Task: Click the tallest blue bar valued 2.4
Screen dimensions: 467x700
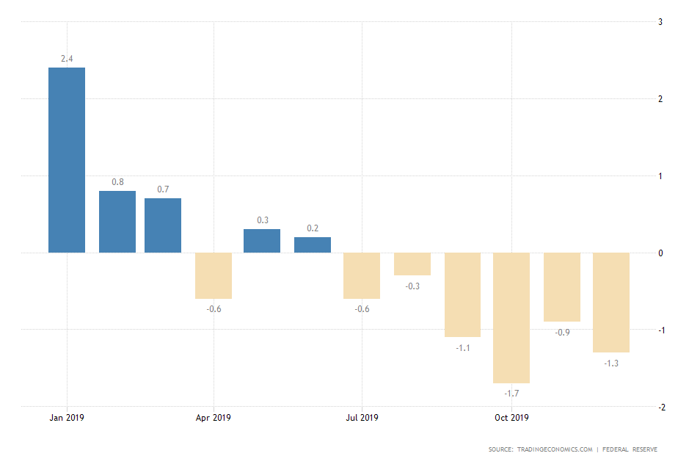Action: pos(67,160)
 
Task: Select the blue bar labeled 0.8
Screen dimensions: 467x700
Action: pos(117,222)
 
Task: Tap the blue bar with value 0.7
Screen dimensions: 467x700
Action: pos(163,225)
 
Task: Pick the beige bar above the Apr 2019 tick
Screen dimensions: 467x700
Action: pos(214,275)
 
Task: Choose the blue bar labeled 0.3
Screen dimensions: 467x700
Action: pos(262,241)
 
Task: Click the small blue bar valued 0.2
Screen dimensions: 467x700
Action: pos(313,245)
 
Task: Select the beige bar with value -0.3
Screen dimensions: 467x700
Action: pos(412,264)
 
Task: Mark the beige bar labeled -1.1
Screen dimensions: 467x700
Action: pos(462,294)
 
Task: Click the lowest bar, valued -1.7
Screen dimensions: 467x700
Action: pos(511,318)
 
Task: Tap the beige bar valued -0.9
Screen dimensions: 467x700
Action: pos(562,287)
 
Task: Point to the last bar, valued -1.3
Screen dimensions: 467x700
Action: pos(611,303)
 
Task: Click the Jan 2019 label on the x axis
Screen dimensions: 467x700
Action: pos(66,418)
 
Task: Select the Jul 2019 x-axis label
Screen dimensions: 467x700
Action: pos(362,418)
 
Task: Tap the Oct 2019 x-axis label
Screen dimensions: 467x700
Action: pos(511,418)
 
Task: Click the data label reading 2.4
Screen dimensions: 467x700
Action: pos(67,58)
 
